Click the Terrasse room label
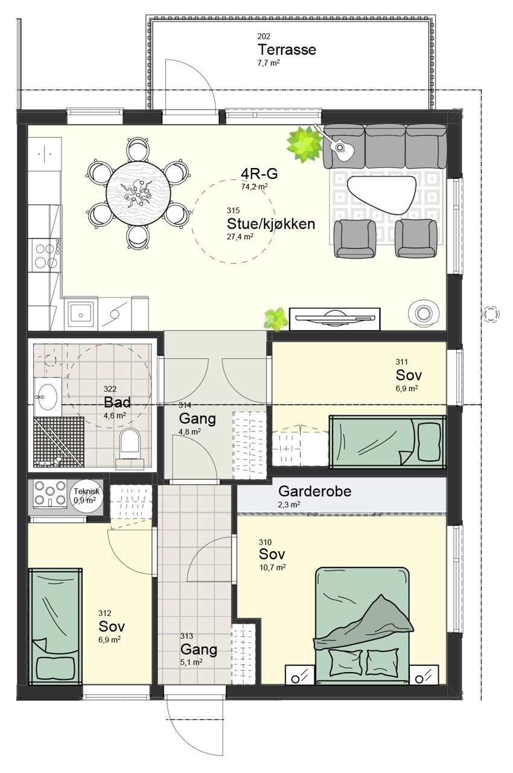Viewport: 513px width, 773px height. (287, 50)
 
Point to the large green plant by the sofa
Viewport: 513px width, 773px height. (304, 144)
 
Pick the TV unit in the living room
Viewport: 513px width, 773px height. (334, 319)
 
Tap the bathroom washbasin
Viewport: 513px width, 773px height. (47, 397)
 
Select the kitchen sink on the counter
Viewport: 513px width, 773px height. (80, 313)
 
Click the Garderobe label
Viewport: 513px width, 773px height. (314, 491)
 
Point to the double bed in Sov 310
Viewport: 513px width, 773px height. (362, 623)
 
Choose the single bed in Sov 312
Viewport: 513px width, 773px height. (56, 626)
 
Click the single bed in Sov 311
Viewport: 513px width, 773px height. (387, 441)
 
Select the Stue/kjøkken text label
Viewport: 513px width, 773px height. (270, 224)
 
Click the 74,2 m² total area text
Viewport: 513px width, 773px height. (255, 187)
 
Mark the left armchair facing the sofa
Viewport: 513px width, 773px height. (355, 238)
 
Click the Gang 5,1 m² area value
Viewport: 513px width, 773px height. (191, 662)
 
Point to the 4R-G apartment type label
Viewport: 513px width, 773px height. (259, 174)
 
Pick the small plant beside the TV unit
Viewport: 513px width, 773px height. (275, 319)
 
